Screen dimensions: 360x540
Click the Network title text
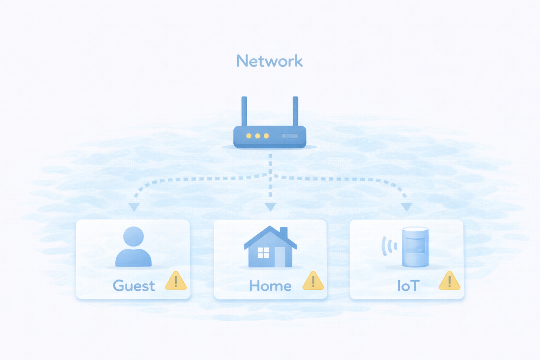click(269, 61)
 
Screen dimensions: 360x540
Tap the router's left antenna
click(244, 111)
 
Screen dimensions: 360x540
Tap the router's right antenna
click(295, 111)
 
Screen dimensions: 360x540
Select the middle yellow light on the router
click(258, 136)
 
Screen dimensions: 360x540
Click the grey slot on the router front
click(290, 136)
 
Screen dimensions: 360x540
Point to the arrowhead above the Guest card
click(134, 206)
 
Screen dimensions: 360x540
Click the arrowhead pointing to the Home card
click(270, 206)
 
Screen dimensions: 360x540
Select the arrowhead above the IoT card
click(406, 206)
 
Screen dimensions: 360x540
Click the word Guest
click(134, 286)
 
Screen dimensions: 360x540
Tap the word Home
click(270, 286)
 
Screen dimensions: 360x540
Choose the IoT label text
click(408, 286)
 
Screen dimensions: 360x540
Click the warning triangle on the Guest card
click(176, 281)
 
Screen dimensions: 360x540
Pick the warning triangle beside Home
click(313, 281)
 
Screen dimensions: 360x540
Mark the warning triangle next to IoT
click(449, 281)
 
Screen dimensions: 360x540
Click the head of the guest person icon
click(134, 236)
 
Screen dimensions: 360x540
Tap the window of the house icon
click(263, 252)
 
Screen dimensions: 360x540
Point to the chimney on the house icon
click(284, 232)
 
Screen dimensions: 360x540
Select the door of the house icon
click(280, 256)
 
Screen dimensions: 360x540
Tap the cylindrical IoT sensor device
click(415, 247)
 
